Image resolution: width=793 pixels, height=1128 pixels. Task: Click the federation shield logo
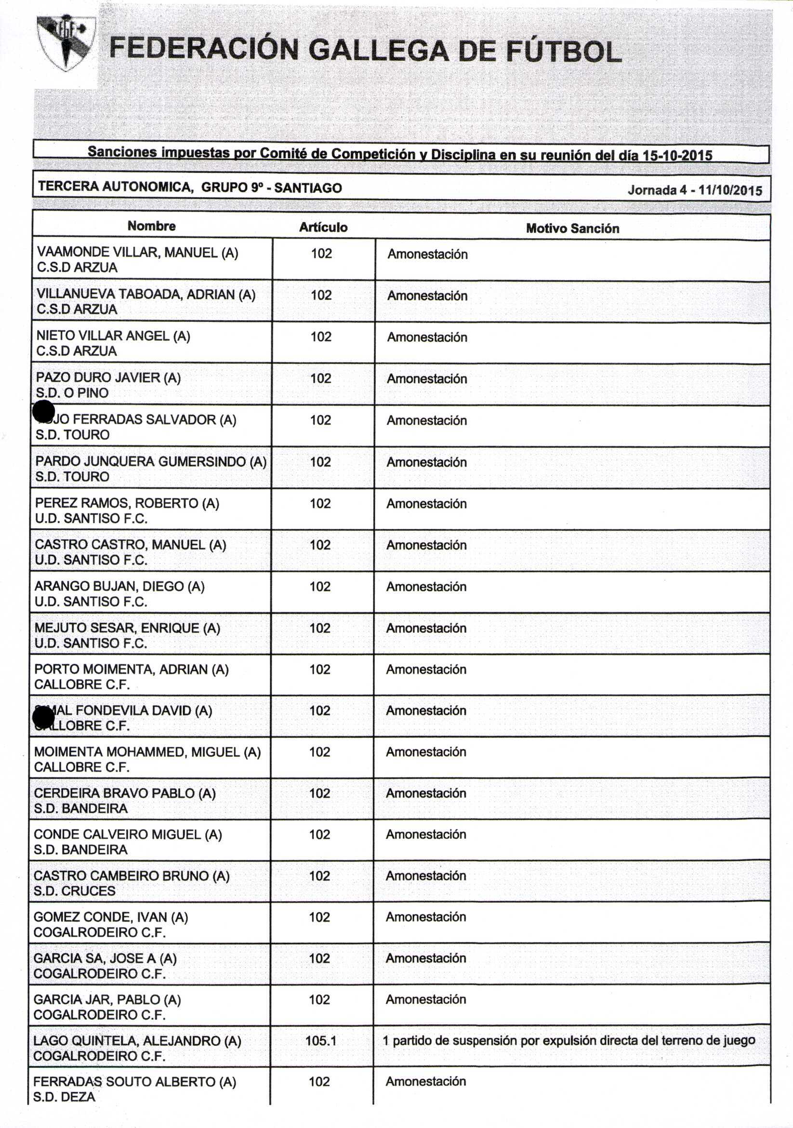click(x=66, y=42)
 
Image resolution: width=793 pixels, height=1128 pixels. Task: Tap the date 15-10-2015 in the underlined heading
click(x=677, y=156)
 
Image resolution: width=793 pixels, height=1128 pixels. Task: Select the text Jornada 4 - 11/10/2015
click(x=694, y=190)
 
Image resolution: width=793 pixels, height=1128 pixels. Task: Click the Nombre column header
click(x=151, y=226)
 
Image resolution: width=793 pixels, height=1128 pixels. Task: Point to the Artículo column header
click(x=323, y=227)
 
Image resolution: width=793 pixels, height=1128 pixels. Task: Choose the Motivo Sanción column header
click(x=572, y=228)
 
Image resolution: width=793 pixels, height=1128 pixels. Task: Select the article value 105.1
click(x=321, y=1041)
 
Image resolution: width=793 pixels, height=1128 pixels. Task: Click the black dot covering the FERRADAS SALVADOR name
click(x=44, y=412)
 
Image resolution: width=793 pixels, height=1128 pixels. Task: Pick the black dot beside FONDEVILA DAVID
click(x=43, y=718)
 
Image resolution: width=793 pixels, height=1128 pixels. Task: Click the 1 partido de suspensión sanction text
click(x=568, y=1041)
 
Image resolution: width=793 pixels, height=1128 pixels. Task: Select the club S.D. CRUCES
click(x=74, y=891)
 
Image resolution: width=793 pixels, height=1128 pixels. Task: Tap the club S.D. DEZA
click(x=65, y=1097)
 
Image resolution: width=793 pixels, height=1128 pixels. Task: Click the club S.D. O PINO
click(x=72, y=392)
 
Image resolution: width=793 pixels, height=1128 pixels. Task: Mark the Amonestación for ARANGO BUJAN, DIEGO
click(x=426, y=587)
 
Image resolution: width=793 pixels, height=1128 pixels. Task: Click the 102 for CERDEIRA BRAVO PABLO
click(x=319, y=793)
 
